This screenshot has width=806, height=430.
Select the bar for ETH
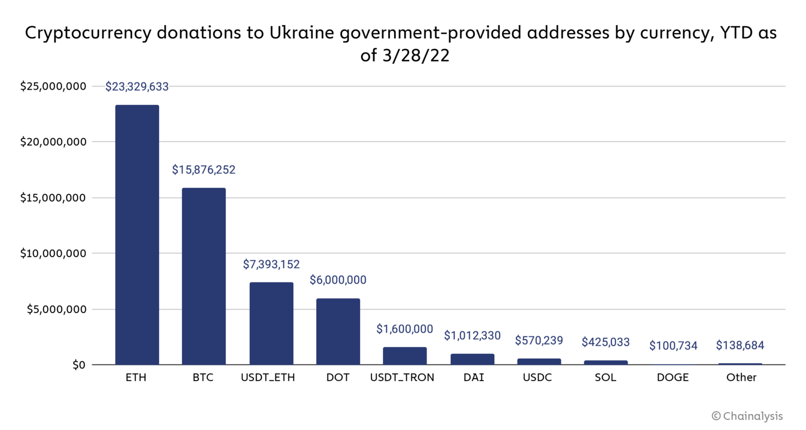point(137,235)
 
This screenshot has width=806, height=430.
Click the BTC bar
point(204,276)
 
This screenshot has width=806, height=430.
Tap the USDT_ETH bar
point(271,323)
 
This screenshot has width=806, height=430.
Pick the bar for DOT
point(338,331)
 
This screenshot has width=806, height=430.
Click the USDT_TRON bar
point(405,356)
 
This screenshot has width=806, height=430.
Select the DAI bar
point(472,359)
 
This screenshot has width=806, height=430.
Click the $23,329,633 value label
point(137,87)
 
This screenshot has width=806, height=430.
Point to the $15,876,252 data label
point(204,170)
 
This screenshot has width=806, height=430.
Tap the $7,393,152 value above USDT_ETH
point(271,264)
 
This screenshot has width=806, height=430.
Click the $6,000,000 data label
point(338,280)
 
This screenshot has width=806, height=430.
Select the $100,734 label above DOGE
point(673,345)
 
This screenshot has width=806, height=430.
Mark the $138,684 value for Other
point(740,345)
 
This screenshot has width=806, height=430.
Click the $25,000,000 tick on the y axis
point(53,86)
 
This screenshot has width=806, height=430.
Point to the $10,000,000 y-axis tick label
point(53,254)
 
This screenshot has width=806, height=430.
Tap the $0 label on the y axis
point(79,365)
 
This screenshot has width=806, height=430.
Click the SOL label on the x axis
point(606,377)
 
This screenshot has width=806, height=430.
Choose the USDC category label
point(537,377)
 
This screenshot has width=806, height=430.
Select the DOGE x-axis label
point(673,377)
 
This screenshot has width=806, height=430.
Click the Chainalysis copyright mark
point(747,416)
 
